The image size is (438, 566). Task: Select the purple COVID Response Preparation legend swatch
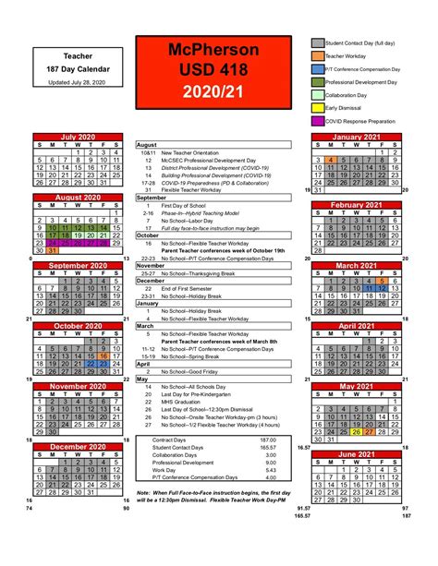[x=317, y=121]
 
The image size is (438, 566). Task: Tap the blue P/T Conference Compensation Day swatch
[x=317, y=69]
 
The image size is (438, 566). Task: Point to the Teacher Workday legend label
[x=344, y=56]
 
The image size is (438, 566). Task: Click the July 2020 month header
[x=78, y=138]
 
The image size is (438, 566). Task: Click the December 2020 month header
[x=78, y=447]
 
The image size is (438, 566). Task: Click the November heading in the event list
[x=151, y=265]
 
